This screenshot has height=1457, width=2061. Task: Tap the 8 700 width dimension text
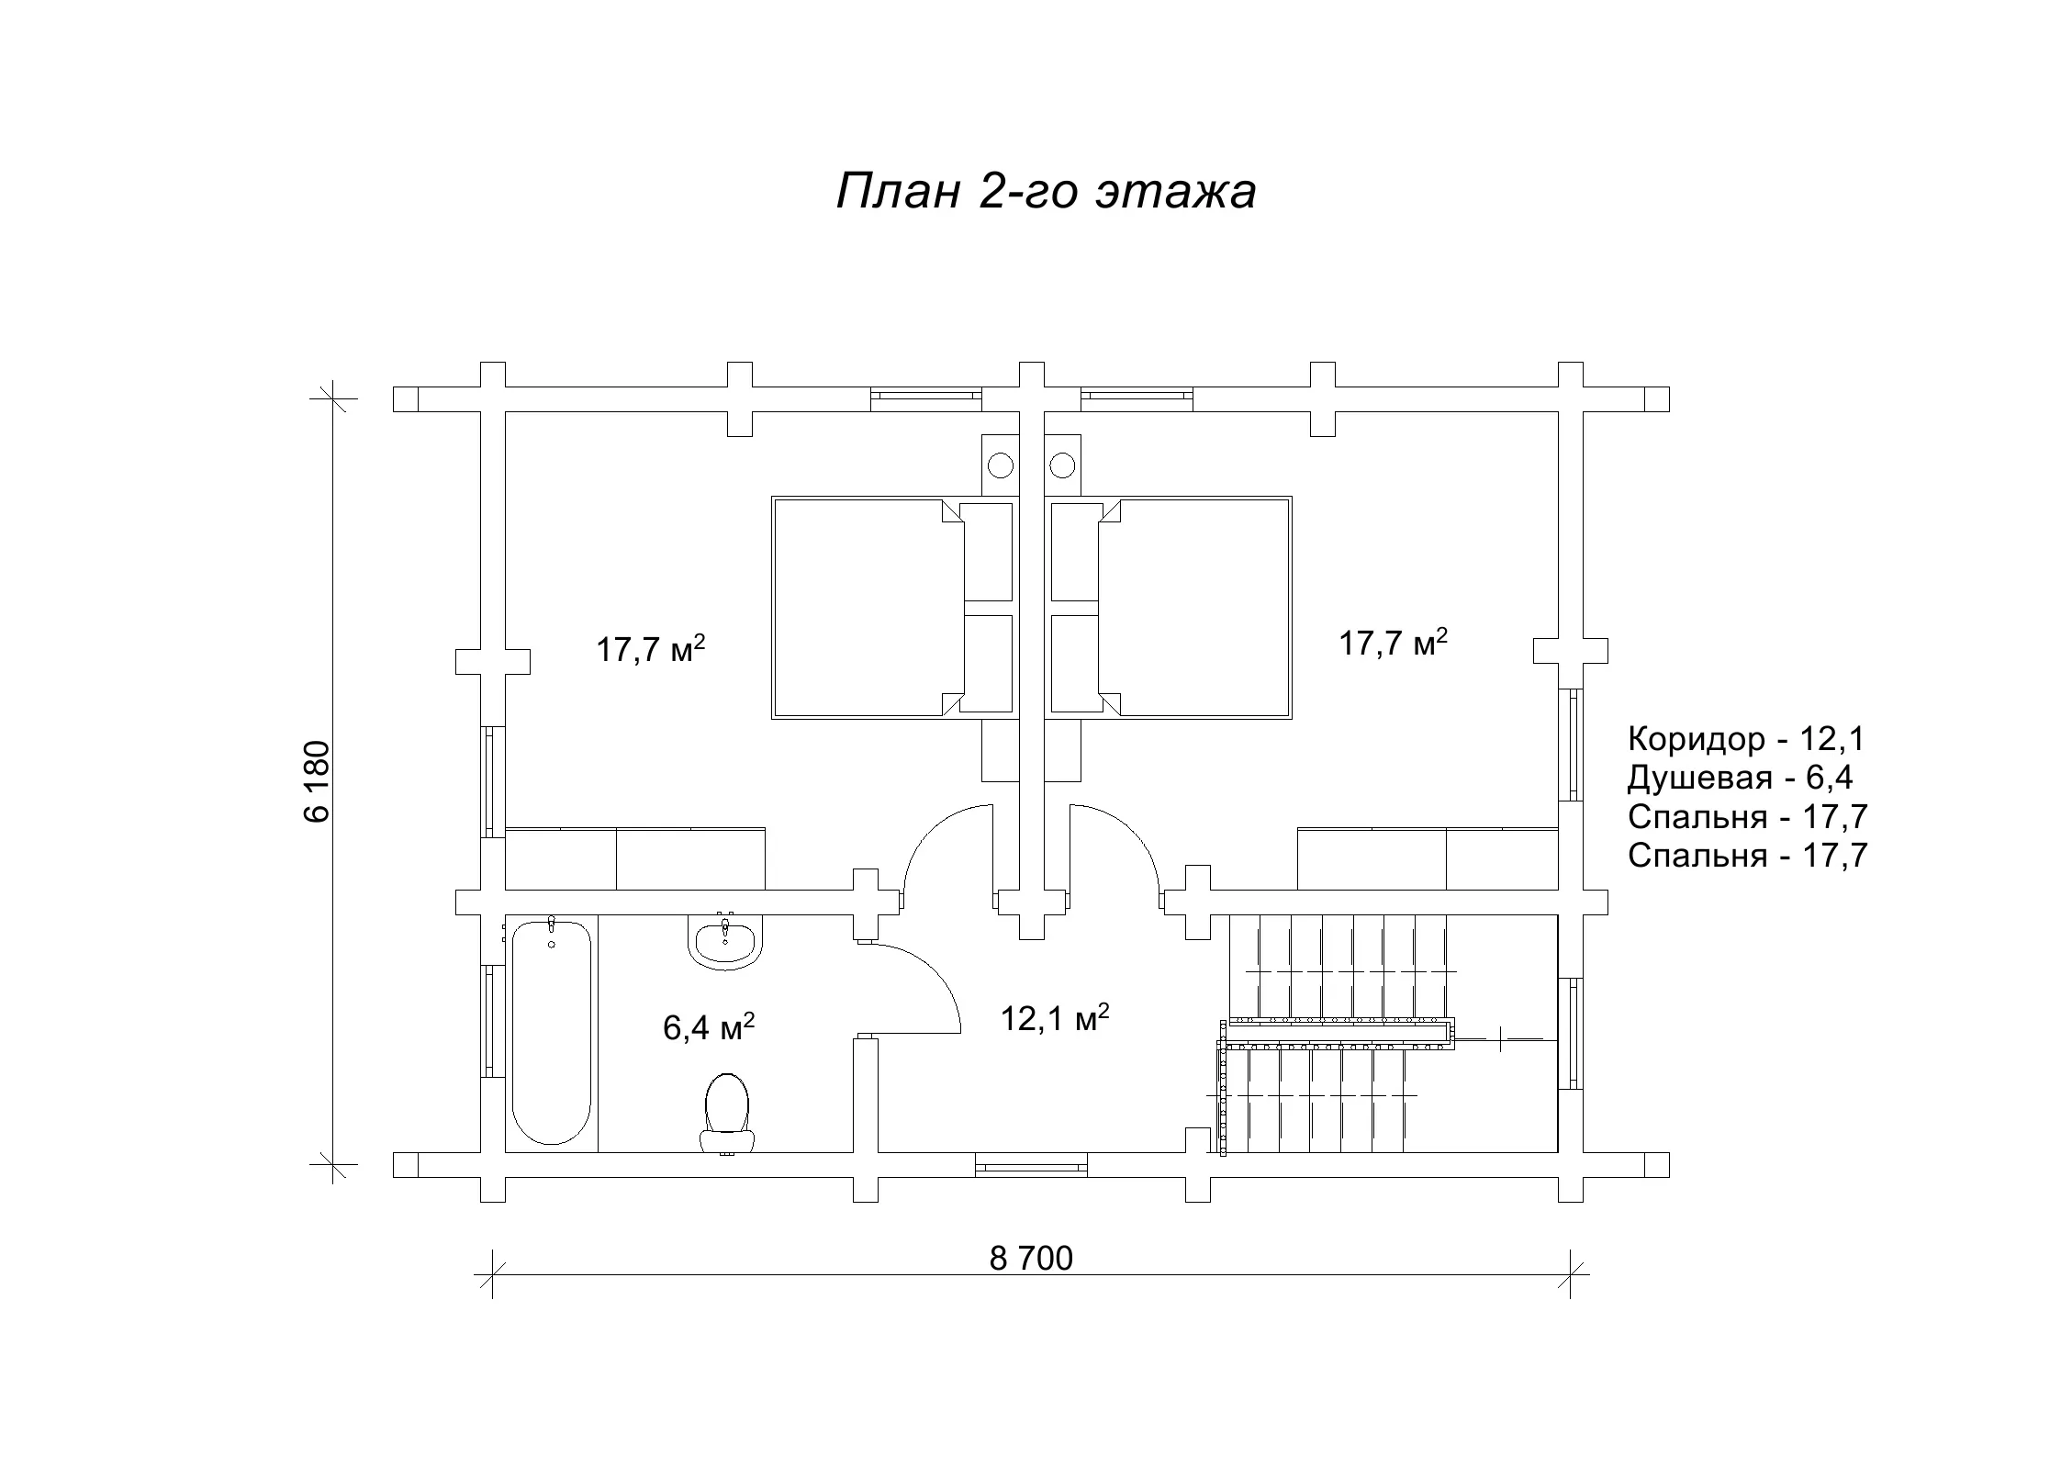1031,1259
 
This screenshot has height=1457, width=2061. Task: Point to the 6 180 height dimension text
316,781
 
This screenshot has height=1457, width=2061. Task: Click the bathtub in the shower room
551,1033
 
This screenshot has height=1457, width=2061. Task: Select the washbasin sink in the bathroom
724,942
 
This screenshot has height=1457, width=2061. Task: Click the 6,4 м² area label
709,1027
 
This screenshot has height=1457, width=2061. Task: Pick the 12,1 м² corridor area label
1055,1017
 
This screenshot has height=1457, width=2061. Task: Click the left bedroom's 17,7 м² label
651,649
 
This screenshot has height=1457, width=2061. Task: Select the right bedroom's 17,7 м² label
1394,643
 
